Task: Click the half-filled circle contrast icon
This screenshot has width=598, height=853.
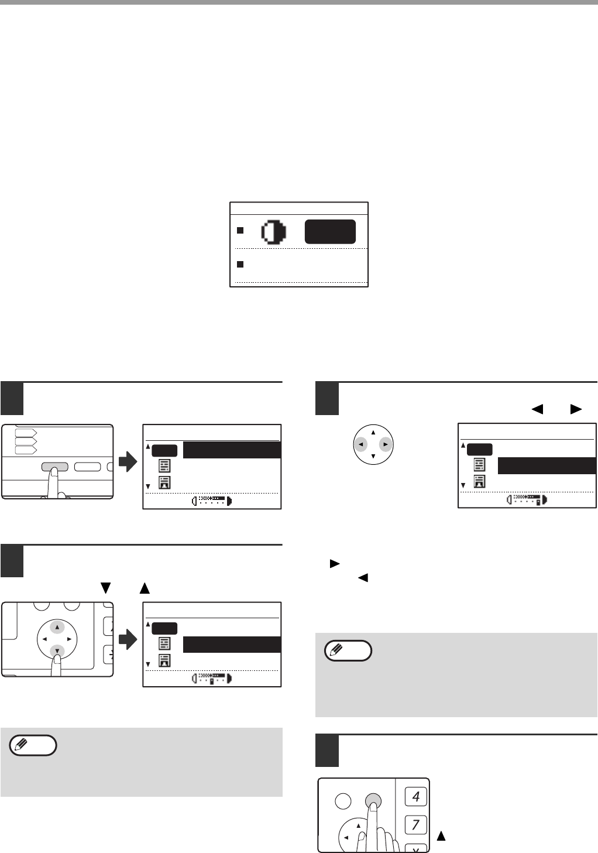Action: pos(274,231)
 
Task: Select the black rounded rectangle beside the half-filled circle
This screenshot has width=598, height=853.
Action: pos(330,231)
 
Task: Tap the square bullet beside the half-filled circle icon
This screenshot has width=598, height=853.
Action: pos(240,230)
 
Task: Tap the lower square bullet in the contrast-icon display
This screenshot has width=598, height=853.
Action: pos(240,264)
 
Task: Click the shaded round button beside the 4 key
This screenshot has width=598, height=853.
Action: pos(373,801)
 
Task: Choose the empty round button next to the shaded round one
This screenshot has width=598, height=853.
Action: pos(343,801)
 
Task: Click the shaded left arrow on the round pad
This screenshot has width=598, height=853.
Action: pos(360,444)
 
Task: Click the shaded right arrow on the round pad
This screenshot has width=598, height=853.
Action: pos(386,444)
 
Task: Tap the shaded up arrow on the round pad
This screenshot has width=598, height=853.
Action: pos(57,627)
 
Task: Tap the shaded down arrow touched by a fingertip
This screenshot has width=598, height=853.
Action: pos(57,651)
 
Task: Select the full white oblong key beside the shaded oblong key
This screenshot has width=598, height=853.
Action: pos(88,467)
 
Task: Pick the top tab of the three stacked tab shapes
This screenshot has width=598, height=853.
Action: pos(26,433)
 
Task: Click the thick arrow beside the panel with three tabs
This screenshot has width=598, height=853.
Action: pos(128,463)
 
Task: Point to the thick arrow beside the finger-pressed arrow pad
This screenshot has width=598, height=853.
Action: pos(128,639)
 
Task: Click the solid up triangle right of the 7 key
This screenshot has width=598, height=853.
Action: pos(441,836)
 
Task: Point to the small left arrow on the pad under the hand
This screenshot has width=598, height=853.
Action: pos(346,838)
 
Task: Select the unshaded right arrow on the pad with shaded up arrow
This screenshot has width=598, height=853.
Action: pos(69,639)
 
